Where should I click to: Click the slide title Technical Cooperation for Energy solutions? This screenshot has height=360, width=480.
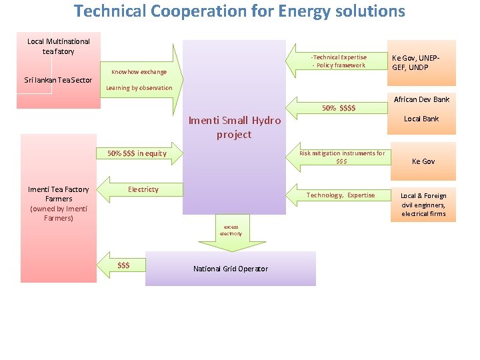[x=239, y=11]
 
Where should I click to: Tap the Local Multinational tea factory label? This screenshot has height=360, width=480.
[x=59, y=46]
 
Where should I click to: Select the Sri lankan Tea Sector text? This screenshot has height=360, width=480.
[x=58, y=80]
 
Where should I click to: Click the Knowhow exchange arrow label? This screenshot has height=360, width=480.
[x=139, y=71]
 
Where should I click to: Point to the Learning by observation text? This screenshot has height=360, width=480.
[x=139, y=88]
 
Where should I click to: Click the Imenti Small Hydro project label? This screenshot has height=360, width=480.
[x=234, y=127]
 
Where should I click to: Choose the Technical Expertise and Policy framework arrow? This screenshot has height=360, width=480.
[x=339, y=61]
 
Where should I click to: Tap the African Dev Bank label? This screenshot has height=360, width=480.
[x=422, y=99]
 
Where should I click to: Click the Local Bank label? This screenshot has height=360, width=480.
[x=422, y=119]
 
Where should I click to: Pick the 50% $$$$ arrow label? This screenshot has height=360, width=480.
[x=339, y=108]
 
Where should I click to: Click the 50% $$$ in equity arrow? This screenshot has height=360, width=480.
[x=137, y=153]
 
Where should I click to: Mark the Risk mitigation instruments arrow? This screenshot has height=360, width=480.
[x=341, y=157]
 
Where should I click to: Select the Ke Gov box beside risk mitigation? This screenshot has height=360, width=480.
[x=423, y=161]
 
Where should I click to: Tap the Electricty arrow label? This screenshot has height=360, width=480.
[x=143, y=189]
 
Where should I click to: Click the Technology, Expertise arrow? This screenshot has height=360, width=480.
[x=341, y=195]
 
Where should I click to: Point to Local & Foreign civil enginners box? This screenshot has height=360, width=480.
[x=423, y=205]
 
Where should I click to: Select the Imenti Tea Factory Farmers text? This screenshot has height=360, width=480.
[x=59, y=203]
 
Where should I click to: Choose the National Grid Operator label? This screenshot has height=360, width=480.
[x=231, y=269]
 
